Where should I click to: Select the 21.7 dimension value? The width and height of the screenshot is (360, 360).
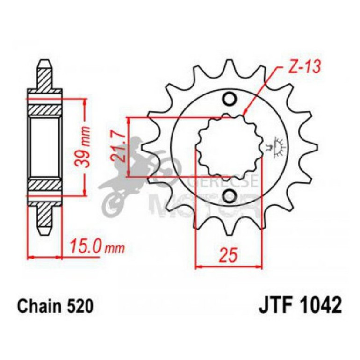(119, 146)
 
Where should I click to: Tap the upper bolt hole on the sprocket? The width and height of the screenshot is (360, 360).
(230, 99)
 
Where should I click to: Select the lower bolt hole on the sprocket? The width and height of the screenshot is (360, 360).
(230, 195)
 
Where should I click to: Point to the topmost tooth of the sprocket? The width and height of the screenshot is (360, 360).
(230, 65)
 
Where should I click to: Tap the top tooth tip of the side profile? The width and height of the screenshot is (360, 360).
(45, 63)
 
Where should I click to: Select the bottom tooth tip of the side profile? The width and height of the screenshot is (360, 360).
(45, 231)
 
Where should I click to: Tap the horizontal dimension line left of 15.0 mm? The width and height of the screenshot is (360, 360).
(45, 257)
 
